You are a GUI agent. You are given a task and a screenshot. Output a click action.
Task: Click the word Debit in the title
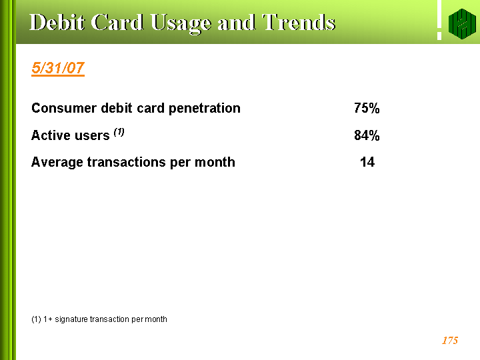pos(57,23)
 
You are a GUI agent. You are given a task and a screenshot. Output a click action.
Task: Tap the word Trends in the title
pos(299,23)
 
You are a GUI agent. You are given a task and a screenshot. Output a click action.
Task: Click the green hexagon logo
pos(462,24)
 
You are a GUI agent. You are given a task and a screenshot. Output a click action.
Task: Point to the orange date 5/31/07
pos(58,68)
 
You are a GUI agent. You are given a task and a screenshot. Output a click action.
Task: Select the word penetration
pos(205,109)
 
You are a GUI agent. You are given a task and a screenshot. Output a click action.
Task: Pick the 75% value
pos(367,108)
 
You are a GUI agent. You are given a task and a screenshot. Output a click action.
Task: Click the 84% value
pos(367,135)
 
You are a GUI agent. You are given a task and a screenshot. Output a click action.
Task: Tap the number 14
pos(367,162)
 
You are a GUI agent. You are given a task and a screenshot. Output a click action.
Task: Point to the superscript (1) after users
pos(119,132)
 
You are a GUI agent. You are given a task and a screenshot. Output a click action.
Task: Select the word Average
pos(57,162)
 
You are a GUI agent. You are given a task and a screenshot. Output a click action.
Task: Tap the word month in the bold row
pos(215,162)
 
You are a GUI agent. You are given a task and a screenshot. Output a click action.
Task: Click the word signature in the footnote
pos(71,319)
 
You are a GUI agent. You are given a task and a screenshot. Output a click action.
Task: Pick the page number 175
pos(450,341)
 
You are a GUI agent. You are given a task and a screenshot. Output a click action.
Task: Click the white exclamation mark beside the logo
pos(439,20)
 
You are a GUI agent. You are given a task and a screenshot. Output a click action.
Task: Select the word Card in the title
pos(117,23)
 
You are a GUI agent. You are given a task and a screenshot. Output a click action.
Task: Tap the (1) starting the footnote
pos(36,319)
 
